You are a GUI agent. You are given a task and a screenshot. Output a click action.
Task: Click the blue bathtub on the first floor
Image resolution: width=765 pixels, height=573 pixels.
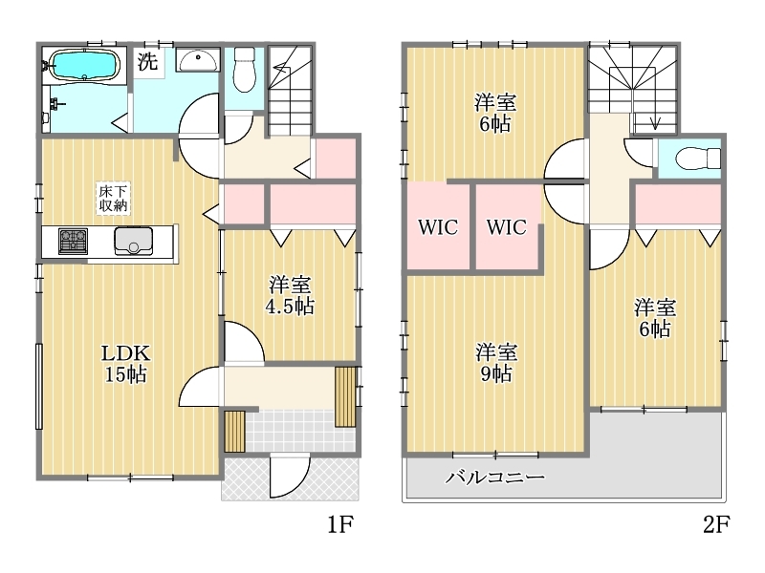click(85, 64)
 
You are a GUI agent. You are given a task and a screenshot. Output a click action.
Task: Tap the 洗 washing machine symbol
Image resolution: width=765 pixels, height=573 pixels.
click(147, 61)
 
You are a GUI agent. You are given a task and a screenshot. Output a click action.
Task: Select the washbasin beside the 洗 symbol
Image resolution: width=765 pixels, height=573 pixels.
click(198, 61)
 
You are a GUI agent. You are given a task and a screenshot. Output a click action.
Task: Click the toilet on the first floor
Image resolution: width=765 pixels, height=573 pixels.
click(244, 69)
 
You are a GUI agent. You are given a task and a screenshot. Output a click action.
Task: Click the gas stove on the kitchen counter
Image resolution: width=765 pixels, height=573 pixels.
click(74, 242)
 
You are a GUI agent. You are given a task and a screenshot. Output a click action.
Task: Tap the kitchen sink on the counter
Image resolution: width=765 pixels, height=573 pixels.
click(133, 242)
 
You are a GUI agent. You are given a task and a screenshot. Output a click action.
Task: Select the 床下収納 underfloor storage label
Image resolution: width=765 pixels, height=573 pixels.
click(113, 199)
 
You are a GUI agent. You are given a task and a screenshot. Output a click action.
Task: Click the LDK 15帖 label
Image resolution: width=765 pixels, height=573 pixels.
click(125, 364)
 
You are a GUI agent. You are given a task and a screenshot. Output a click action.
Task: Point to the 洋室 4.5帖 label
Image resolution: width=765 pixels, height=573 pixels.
click(290, 295)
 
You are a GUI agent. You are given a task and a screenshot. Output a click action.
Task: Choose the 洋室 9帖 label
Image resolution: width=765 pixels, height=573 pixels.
click(496, 363)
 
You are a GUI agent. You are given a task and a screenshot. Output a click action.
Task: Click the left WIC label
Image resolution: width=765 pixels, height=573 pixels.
click(438, 227)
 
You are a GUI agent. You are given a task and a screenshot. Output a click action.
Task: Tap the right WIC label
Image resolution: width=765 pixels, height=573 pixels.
click(507, 227)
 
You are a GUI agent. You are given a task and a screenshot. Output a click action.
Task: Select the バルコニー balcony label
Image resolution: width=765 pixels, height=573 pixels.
click(494, 477)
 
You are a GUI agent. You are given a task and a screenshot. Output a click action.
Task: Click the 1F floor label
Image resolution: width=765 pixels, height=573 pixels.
click(340, 524)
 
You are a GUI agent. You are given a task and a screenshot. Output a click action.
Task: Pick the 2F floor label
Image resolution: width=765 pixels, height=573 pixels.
click(716, 524)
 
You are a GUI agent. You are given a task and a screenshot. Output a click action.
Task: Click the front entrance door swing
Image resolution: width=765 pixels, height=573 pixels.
click(290, 476)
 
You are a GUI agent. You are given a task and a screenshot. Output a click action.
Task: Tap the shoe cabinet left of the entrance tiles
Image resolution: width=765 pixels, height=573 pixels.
click(234, 432)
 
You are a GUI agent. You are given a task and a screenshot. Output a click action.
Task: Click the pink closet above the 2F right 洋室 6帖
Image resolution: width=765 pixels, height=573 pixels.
click(678, 204)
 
